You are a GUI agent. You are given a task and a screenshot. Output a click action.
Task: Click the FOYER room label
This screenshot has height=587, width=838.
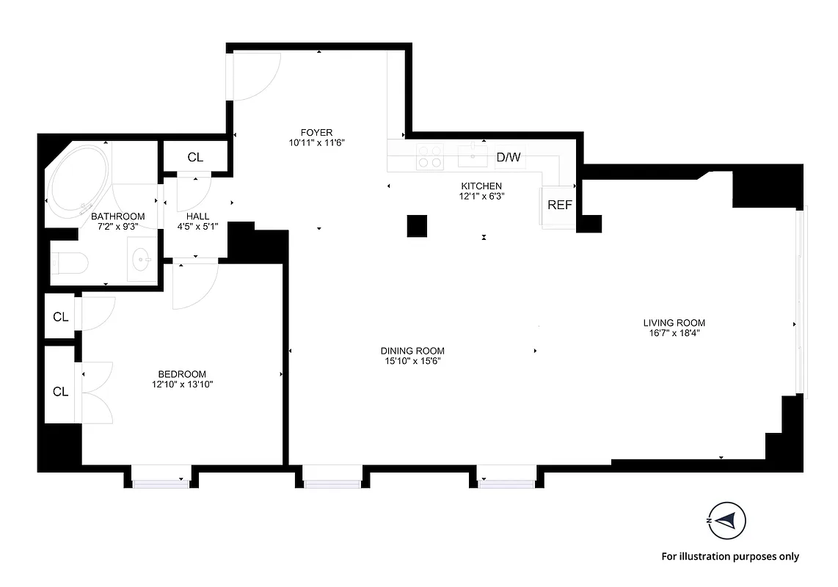pyautogui.click(x=316, y=132)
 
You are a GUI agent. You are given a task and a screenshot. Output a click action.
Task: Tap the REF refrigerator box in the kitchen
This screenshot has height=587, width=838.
pyautogui.click(x=559, y=205)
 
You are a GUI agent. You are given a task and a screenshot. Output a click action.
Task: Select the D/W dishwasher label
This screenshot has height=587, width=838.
pyautogui.click(x=509, y=157)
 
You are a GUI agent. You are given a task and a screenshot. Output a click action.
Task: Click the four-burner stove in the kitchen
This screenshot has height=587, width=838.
pyautogui.click(x=430, y=156)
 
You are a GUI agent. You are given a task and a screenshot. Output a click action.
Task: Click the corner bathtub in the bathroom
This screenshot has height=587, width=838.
pyautogui.click(x=77, y=179)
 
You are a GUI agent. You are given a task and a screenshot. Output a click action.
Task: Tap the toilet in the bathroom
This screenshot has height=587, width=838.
pyautogui.click(x=70, y=263)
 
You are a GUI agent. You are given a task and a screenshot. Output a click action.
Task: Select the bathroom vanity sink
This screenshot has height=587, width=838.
pyautogui.click(x=142, y=258)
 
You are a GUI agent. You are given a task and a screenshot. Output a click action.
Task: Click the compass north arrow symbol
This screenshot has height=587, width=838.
pyautogui.click(x=727, y=520)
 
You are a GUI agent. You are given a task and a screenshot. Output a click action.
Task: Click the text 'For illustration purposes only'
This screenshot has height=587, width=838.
pyautogui.click(x=730, y=556)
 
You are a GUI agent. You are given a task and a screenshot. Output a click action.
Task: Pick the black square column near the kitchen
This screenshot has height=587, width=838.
pyautogui.click(x=417, y=225)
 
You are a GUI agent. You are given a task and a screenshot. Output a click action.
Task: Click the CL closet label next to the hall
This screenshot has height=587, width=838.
pyautogui.click(x=195, y=157)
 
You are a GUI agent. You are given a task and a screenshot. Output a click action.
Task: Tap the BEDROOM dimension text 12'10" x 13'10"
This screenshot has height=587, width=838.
pyautogui.click(x=182, y=384)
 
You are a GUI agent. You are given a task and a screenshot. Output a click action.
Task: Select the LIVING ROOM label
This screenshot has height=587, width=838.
pyautogui.click(x=674, y=322)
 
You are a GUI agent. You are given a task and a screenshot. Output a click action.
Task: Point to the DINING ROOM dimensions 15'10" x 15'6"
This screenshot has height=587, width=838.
pyautogui.click(x=412, y=361)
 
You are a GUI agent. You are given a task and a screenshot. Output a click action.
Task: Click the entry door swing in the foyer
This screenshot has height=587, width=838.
pyautogui.click(x=253, y=77)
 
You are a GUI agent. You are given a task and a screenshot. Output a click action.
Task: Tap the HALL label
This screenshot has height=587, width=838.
pyautogui.click(x=197, y=216)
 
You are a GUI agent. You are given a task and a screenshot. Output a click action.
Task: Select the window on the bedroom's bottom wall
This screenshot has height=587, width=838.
pyautogui.click(x=161, y=481)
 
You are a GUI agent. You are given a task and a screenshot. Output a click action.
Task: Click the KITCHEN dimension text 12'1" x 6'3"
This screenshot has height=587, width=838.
pyautogui.click(x=481, y=196)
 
